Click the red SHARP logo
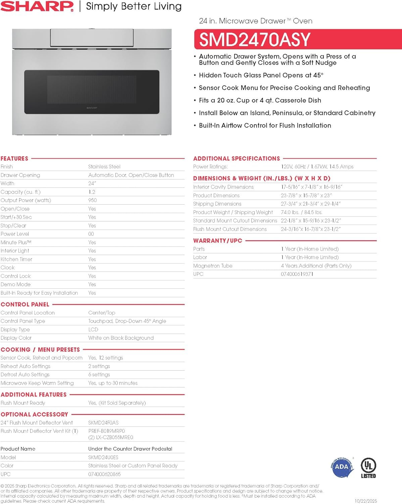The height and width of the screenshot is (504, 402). pos(37,6)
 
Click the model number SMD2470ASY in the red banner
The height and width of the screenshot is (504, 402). pos(255,40)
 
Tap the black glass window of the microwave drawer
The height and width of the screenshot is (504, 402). pos(92,91)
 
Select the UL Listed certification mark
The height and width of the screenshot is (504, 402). pos(368,468)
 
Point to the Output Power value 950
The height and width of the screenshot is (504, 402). pos(92,200)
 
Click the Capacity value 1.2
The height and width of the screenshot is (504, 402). pos(92,192)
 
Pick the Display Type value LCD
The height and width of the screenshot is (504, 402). pos(93,330)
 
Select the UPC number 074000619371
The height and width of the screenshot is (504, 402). pos(297,274)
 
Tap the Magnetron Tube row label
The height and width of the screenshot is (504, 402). pos(213,266)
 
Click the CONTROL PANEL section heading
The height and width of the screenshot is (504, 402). pos(25,304)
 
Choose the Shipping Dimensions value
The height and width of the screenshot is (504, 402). pos(311,204)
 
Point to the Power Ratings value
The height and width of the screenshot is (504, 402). pos(317,167)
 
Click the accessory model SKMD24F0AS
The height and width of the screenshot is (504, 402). pos(103,423)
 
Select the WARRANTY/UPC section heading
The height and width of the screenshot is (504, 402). pos(217,241)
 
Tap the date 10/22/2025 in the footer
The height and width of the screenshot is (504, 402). pos(366,501)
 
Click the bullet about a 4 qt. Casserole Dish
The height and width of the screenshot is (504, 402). pos(260,100)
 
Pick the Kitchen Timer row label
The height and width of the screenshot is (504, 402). pos(16,259)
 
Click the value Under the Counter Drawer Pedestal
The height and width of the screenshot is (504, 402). pos(130,449)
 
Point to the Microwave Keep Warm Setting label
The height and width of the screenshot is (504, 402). pos(37,383)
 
